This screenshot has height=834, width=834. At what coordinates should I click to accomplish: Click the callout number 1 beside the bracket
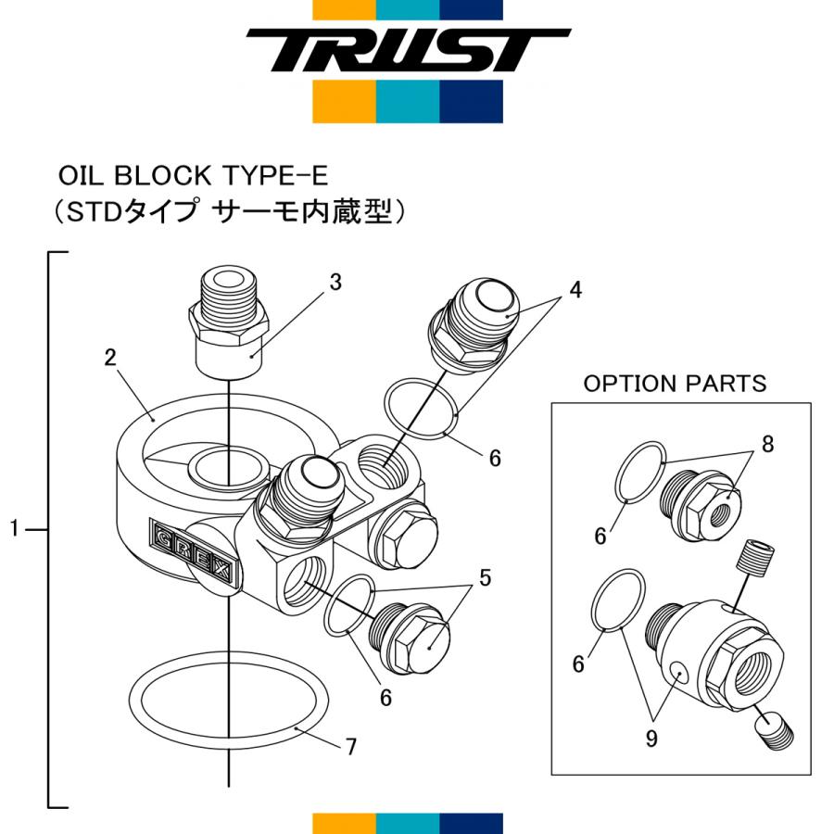(x=14, y=529)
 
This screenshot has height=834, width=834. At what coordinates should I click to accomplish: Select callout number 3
(x=335, y=282)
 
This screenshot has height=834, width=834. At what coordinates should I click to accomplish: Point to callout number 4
(x=575, y=289)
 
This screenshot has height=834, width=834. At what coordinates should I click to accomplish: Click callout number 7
(x=351, y=747)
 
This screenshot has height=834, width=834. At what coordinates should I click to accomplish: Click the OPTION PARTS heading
(x=675, y=384)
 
